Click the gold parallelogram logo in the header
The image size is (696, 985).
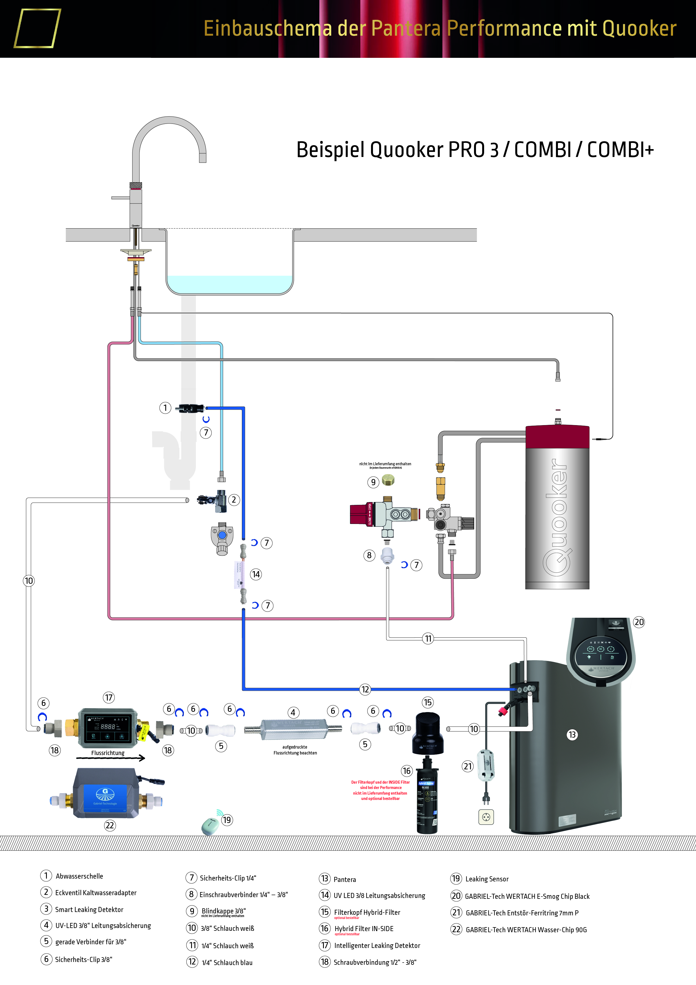tap(37, 28)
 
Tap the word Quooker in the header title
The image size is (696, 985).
tap(639, 29)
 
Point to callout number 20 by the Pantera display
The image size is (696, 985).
tap(638, 622)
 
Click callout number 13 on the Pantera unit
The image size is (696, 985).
tap(572, 735)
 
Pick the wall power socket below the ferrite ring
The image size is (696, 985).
tap(486, 817)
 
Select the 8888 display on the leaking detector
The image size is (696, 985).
tap(108, 727)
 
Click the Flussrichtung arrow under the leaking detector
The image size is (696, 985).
tap(111, 758)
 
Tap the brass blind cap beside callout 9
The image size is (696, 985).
tap(388, 480)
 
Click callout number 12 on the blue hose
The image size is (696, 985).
tap(365, 689)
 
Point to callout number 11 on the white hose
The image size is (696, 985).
tap(428, 638)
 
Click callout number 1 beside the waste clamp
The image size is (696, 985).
tap(165, 407)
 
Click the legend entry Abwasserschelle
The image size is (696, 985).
tap(79, 876)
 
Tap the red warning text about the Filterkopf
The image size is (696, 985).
tap(380, 790)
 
